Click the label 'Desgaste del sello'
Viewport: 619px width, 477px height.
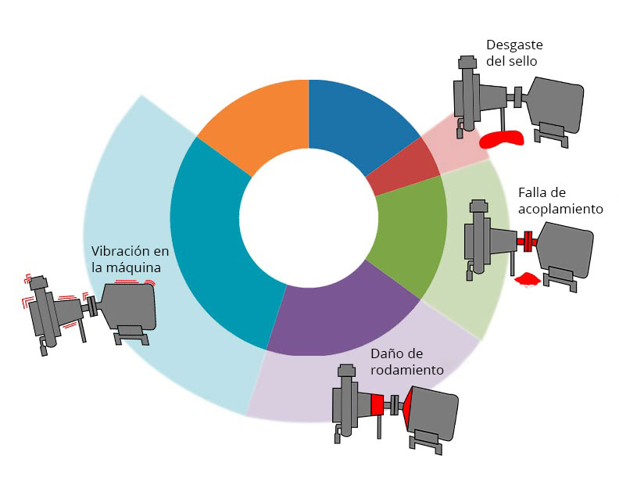click(513, 52)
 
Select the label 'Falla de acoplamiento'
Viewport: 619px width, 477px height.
click(560, 201)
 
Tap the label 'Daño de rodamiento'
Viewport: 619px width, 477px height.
click(407, 361)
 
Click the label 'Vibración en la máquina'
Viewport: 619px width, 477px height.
click(130, 260)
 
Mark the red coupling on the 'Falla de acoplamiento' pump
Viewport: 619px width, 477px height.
click(528, 241)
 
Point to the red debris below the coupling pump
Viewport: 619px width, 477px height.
click(528, 278)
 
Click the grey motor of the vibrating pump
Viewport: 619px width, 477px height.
click(129, 306)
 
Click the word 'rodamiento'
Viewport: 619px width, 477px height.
click(407, 369)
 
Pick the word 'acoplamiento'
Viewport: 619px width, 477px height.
click(560, 209)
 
